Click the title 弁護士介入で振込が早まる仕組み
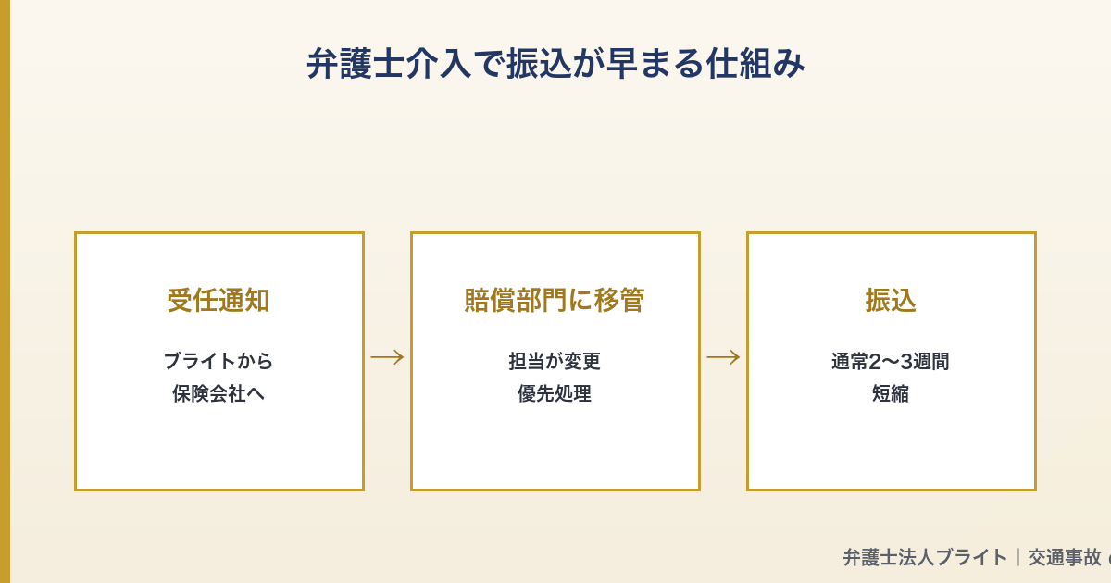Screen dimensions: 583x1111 click(555, 64)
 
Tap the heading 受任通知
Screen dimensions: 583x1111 click(218, 300)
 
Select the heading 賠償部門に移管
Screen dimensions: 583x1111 click(555, 300)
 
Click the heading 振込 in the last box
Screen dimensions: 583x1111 click(891, 300)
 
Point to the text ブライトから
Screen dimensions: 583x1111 click(218, 361)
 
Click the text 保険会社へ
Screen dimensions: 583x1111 click(218, 393)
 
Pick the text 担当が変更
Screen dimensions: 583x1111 click(555, 361)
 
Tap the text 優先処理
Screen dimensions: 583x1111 click(555, 393)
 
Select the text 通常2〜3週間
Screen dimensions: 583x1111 click(891, 361)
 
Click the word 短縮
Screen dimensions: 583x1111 click(891, 393)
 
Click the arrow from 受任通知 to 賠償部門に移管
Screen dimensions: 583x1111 click(387, 357)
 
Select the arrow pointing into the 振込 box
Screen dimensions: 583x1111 click(723, 357)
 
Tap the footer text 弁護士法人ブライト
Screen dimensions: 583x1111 click(925, 557)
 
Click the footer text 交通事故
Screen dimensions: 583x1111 click(1065, 557)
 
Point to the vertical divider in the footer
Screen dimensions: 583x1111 click(1018, 557)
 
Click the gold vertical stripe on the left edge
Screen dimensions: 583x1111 click(5, 291)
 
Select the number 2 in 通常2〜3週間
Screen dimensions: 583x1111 click(875, 361)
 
